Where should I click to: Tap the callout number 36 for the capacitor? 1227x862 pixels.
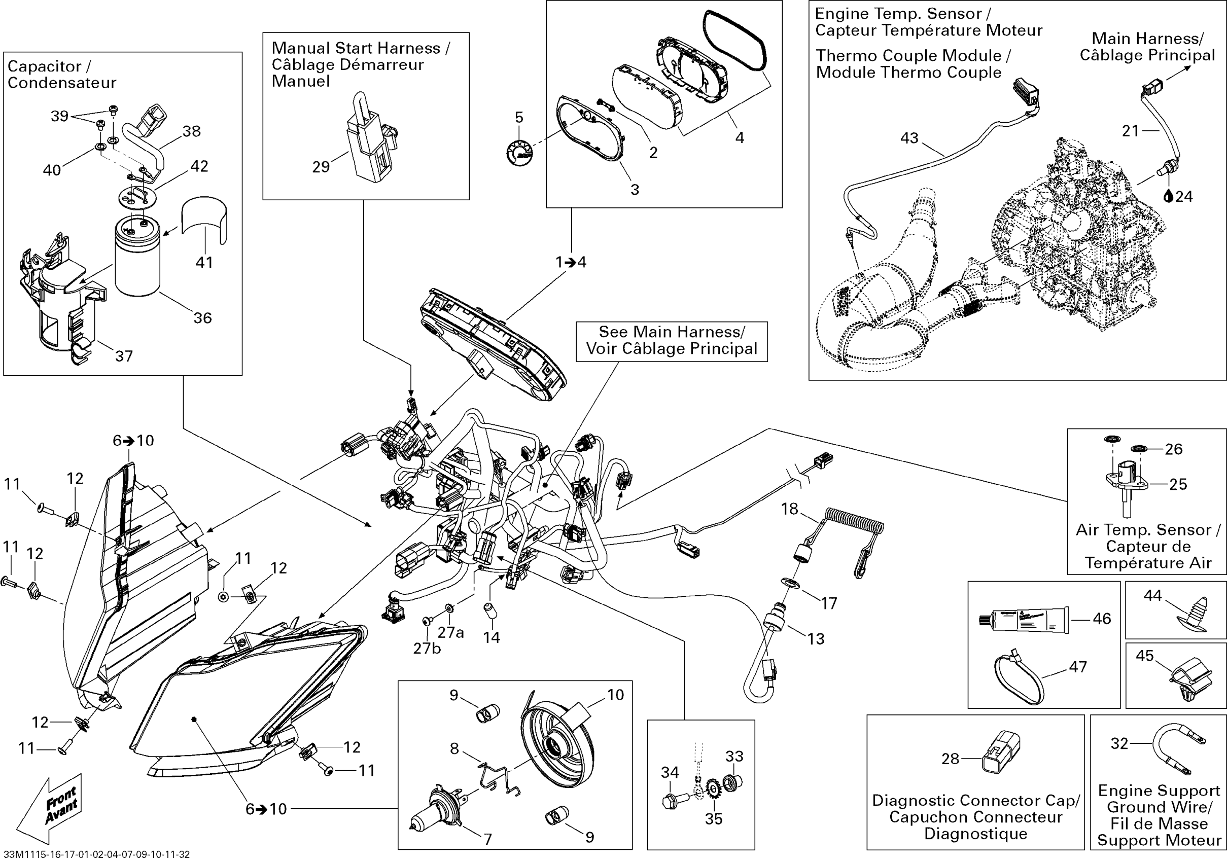(202, 318)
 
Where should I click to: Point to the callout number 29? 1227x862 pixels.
(321, 167)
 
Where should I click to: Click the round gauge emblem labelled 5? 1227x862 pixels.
(519, 152)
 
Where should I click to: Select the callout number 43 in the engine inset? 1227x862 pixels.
(909, 138)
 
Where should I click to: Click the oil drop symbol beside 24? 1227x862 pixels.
(1168, 197)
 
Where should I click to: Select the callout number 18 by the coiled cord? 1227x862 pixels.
(790, 509)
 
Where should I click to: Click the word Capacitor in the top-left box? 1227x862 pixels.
(44, 66)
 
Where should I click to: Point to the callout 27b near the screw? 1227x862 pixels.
(427, 649)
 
